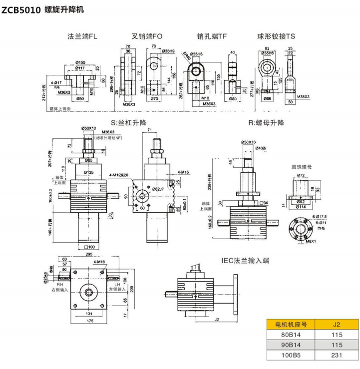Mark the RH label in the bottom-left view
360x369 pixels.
click(x=59, y=284)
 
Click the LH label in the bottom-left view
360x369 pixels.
click(x=117, y=284)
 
